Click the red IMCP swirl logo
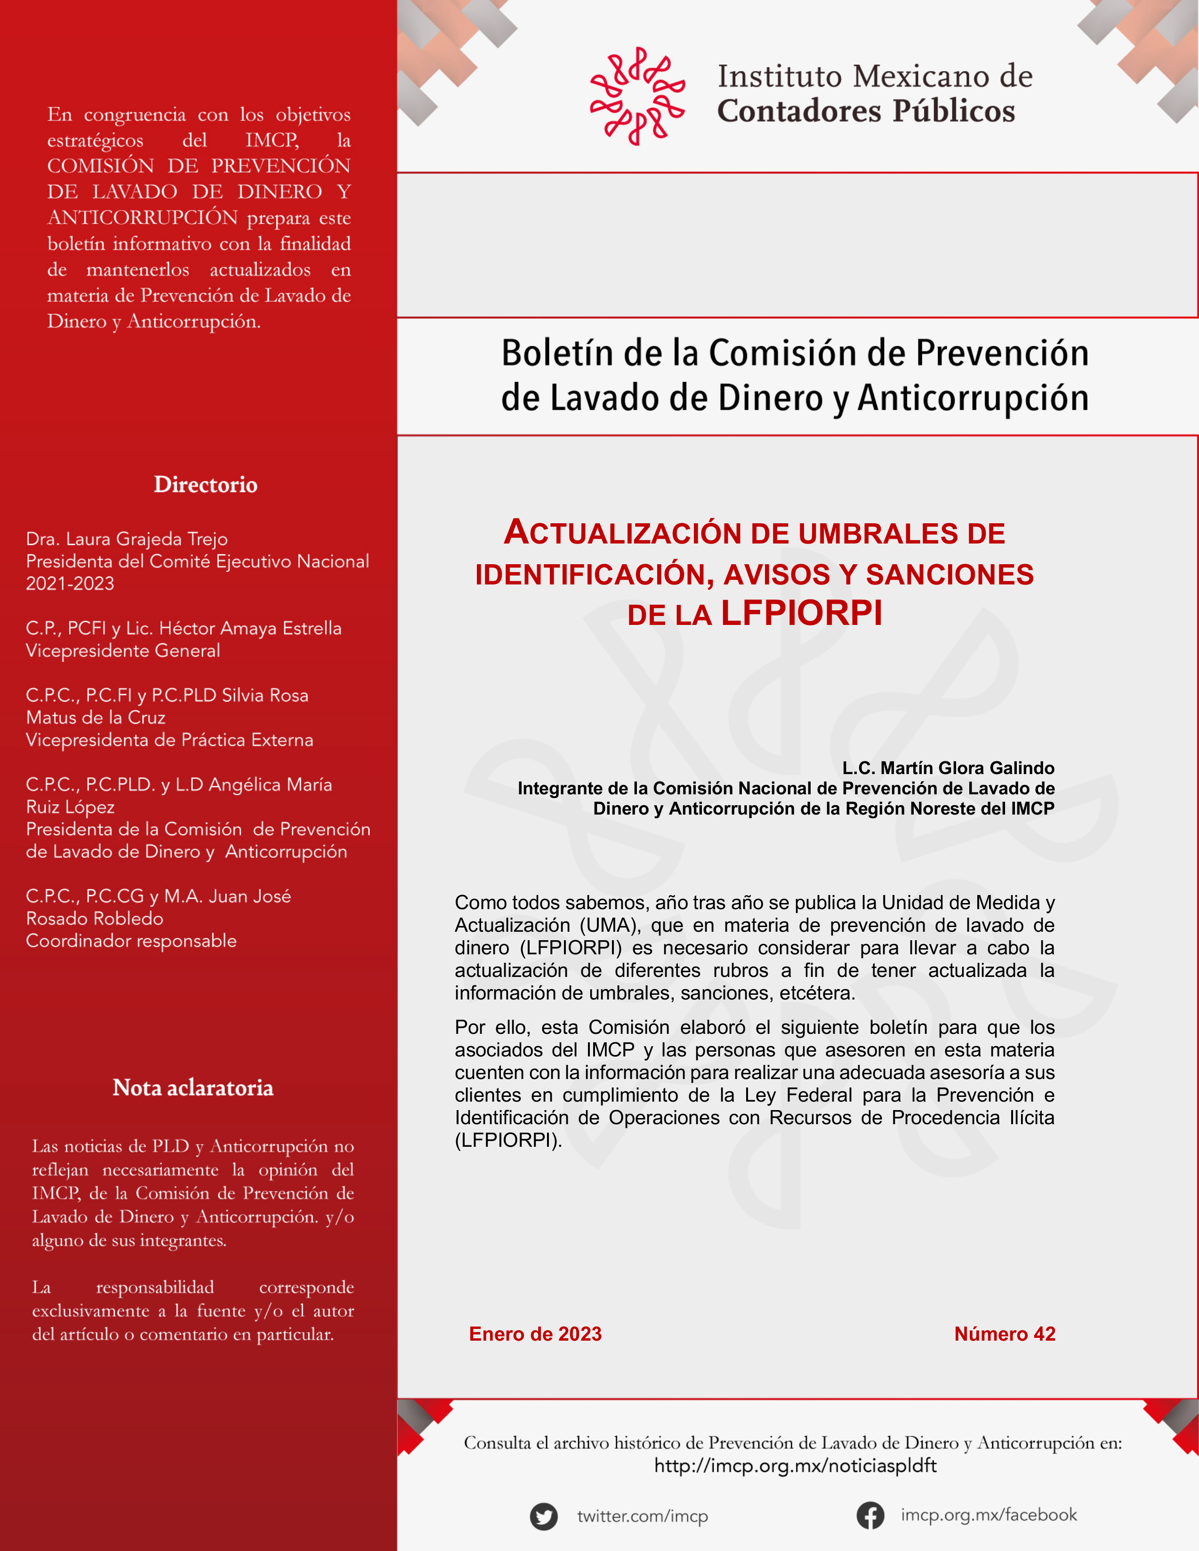637,96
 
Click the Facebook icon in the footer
870,1516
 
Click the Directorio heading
205,484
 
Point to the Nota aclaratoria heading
193,1087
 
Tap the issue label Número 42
1005,1334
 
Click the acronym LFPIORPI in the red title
801,613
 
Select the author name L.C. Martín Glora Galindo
948,768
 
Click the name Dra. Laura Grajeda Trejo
127,539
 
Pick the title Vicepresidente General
123,650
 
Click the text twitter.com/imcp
642,1516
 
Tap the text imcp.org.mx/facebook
989,1515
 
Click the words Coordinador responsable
131,941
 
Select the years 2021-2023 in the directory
70,584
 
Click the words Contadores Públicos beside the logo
866,111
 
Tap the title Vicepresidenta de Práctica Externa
169,740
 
